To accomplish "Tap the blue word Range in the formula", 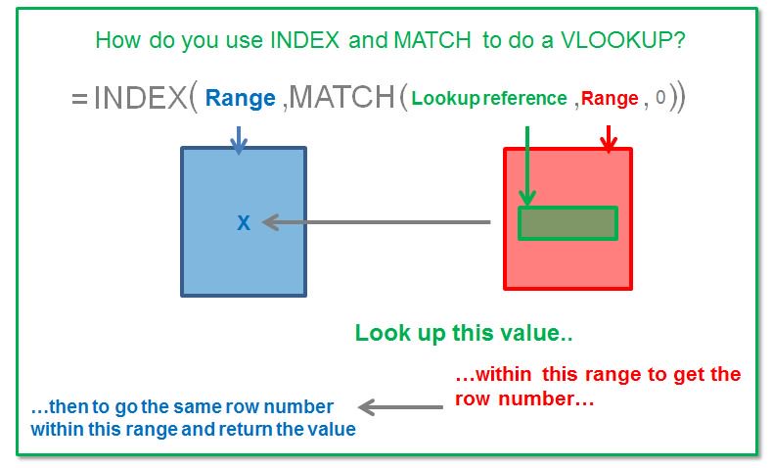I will pos(241,98).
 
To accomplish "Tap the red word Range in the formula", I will pos(611,98).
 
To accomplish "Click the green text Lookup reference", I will pos(489,98).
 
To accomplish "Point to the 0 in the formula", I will pos(662,98).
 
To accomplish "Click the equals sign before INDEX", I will pos(79,98).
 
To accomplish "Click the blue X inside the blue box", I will pos(244,223).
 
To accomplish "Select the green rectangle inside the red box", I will pos(568,223).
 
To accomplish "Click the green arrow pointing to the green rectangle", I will pos(527,166).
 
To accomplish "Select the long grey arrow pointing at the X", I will pos(377,223).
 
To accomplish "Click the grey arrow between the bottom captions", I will pos(402,406).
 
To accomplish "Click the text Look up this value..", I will pos(463,333).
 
